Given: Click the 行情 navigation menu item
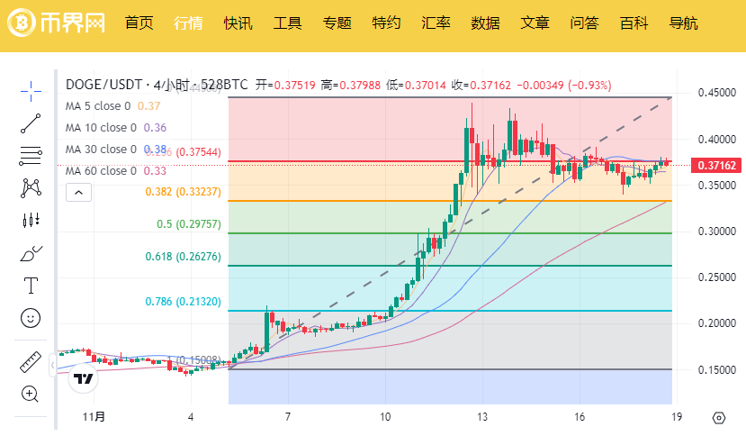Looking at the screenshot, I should pyautogui.click(x=188, y=23).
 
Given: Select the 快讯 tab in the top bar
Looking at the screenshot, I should pyautogui.click(x=238, y=23).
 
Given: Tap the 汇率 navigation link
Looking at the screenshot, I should pyautogui.click(x=436, y=23).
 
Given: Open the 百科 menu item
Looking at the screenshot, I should pyautogui.click(x=634, y=23).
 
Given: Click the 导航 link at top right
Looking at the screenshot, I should pyautogui.click(x=683, y=23).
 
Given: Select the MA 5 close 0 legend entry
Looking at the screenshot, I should pyautogui.click(x=101, y=106).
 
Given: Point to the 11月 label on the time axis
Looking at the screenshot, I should pyautogui.click(x=94, y=417).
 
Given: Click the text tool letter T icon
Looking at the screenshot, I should pyautogui.click(x=31, y=286).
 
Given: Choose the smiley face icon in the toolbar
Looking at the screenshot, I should pyautogui.click(x=31, y=318).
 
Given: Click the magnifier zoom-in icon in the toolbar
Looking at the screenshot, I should pyautogui.click(x=31, y=394).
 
